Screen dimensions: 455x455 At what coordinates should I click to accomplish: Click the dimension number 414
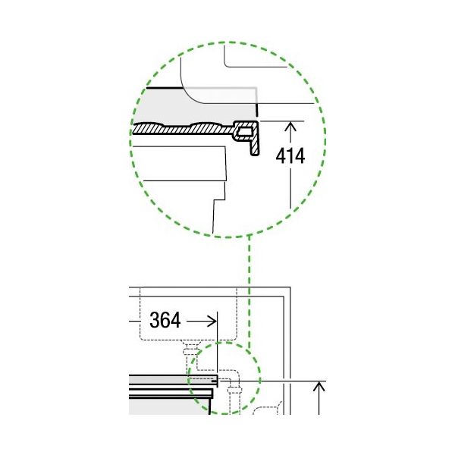click(x=290, y=156)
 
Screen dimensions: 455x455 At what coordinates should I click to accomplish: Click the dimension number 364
click(x=165, y=320)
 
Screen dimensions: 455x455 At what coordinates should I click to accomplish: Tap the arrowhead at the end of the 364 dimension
click(x=212, y=322)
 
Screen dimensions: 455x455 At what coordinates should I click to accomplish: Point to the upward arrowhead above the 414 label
click(x=290, y=127)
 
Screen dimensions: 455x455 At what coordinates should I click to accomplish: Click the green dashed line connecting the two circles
click(x=249, y=292)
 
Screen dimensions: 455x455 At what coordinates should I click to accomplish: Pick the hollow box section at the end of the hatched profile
click(x=243, y=132)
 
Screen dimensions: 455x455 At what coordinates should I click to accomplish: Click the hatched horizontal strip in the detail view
click(x=183, y=129)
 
